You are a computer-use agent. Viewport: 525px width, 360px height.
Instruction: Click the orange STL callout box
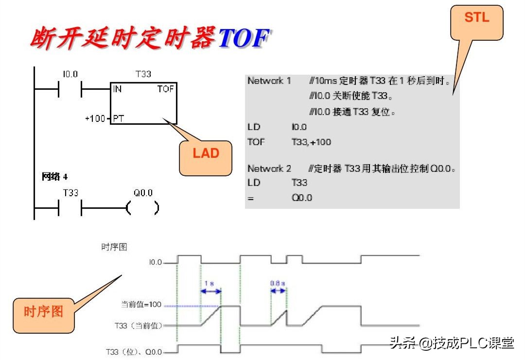476,22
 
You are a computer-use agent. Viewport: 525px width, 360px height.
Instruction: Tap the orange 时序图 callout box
44,315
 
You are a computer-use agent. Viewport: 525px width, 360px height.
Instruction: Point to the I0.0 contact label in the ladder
70,74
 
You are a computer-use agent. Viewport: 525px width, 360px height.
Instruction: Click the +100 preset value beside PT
95,119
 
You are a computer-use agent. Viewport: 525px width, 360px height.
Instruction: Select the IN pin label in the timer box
118,89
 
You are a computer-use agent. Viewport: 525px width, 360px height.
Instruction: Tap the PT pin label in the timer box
119,119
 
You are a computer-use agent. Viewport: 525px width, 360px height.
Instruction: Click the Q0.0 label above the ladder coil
143,193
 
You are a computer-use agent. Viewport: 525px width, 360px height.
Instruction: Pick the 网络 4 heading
54,177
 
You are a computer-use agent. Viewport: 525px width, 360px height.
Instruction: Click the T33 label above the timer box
143,74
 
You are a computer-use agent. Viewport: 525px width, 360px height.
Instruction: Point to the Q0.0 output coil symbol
142,208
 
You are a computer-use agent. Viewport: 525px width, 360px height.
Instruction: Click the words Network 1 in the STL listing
269,81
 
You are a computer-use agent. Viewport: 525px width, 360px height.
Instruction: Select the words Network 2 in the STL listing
269,169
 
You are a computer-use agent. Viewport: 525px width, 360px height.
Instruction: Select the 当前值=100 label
140,305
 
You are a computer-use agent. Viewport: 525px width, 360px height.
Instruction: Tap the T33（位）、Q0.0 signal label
134,351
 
